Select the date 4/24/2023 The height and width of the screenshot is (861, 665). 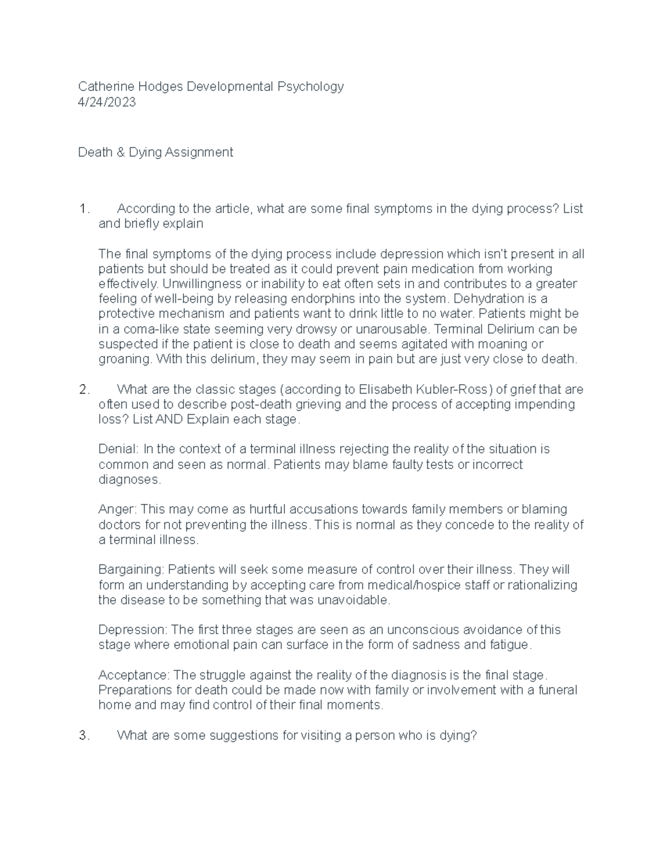(106, 102)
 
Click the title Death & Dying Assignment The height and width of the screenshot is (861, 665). (155, 152)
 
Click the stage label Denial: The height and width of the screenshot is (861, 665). (119, 449)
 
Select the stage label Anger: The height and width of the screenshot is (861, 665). (118, 510)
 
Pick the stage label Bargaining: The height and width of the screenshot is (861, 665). (131, 570)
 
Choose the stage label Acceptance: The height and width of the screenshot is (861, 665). (134, 675)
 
